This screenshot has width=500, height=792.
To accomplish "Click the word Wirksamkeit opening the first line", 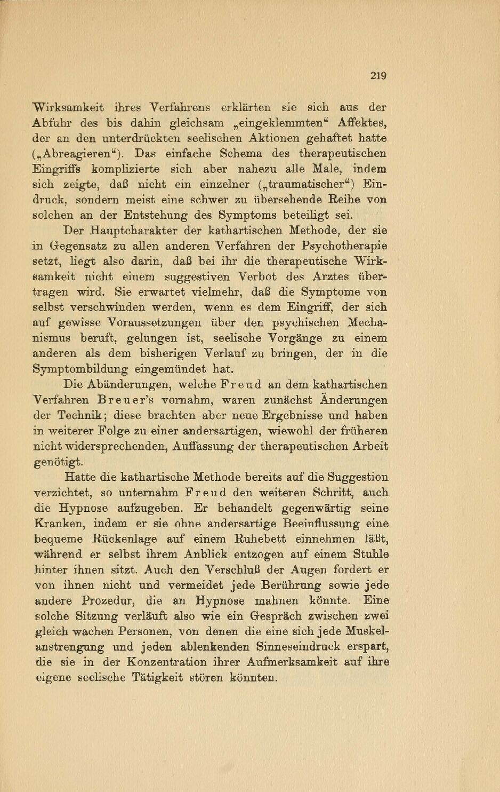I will [x=68, y=107].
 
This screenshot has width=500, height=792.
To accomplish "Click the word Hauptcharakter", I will [x=133, y=231].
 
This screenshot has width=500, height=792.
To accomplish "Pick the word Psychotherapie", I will [x=344, y=247].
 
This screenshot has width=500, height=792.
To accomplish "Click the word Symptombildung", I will [x=80, y=369].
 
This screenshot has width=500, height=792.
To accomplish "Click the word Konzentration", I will [x=167, y=662].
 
